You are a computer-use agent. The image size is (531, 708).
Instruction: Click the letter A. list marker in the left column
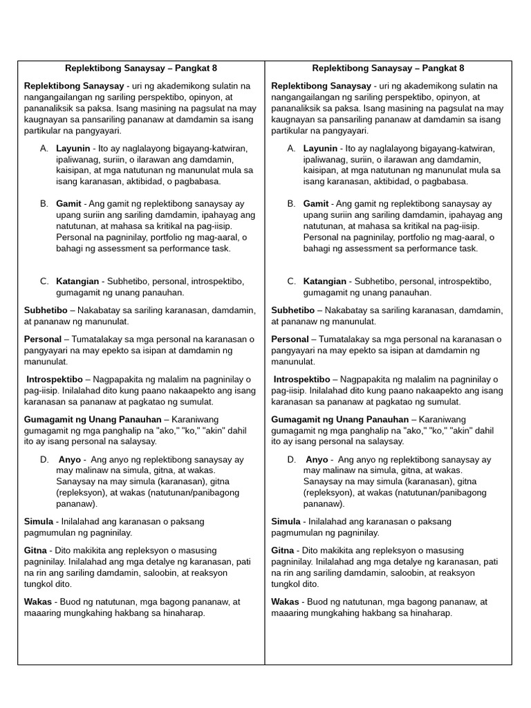44,149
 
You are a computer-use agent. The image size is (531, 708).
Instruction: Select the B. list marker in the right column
292,204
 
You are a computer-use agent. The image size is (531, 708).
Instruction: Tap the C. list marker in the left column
44,281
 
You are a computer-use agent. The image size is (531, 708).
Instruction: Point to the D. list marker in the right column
292,460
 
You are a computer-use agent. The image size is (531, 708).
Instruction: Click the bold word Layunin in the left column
73,149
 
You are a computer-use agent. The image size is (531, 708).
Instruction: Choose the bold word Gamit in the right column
316,204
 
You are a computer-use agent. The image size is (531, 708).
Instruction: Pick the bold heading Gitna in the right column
283,550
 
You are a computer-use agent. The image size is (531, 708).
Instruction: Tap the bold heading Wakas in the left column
37,602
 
